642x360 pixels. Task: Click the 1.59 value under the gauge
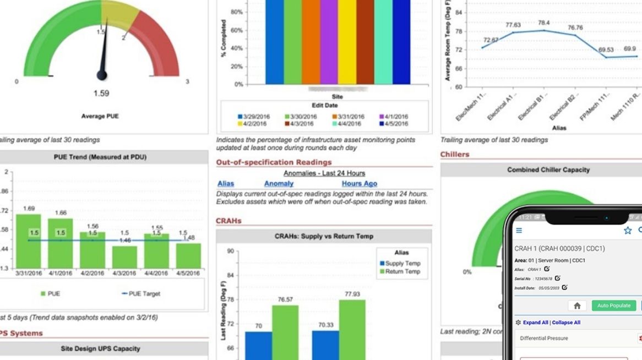(101, 94)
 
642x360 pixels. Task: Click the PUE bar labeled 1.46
(125, 257)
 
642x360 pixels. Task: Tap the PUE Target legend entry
(141, 294)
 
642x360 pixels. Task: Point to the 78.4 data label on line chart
(543, 23)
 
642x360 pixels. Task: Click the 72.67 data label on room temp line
(491, 40)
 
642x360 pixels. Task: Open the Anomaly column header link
(279, 184)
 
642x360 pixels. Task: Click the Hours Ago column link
(359, 184)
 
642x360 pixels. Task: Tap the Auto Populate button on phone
(613, 306)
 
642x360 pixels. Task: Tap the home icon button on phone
(577, 306)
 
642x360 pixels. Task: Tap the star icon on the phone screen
(627, 231)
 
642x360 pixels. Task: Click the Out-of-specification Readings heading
(274, 162)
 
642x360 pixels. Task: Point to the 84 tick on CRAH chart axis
(231, 275)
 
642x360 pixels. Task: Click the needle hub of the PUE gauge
(102, 74)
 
